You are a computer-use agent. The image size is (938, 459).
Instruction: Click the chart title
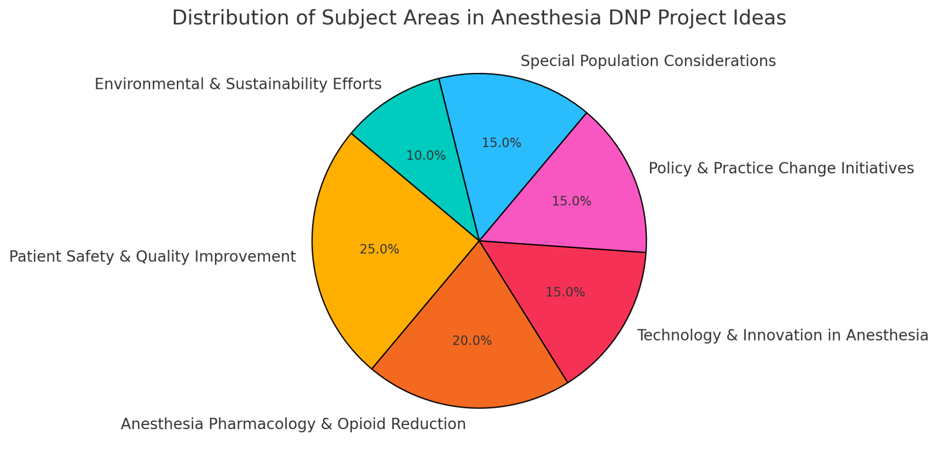[x=479, y=18]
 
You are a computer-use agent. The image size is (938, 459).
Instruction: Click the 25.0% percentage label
[x=379, y=249]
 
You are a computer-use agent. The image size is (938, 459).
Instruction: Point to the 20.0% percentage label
[x=472, y=341]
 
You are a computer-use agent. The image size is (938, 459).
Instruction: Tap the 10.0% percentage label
[x=426, y=156]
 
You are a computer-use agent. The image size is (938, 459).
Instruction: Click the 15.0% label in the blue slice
[x=502, y=143]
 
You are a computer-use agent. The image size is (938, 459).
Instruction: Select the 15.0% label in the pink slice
[x=571, y=201]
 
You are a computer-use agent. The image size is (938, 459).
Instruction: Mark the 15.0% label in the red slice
[x=565, y=292]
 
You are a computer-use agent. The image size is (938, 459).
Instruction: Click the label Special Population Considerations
[x=648, y=61]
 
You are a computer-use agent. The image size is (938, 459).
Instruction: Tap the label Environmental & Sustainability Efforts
[x=238, y=84]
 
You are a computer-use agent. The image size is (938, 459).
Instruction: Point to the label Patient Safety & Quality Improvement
[x=153, y=257]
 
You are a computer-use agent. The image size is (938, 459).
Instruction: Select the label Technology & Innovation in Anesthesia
[x=782, y=335]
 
